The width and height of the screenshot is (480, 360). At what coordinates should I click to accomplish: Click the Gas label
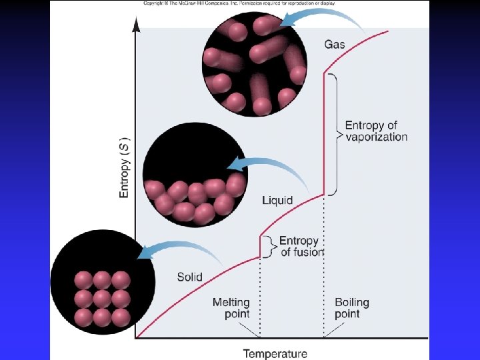(x=335, y=45)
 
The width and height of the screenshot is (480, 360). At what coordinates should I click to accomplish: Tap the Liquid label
(x=277, y=200)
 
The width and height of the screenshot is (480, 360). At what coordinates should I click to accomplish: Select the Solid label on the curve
(x=189, y=277)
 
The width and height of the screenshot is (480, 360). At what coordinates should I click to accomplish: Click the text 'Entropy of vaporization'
(x=376, y=131)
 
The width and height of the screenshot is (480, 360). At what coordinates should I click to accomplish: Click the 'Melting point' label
(x=231, y=308)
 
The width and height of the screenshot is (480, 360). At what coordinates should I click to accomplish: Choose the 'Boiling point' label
(x=351, y=308)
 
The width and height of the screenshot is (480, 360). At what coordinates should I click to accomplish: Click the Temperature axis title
(x=275, y=354)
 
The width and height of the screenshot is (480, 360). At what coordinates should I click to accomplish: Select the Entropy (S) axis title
(x=125, y=167)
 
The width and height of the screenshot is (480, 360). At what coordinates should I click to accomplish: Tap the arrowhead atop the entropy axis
(x=136, y=25)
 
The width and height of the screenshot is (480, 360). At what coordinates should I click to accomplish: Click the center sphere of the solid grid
(x=101, y=298)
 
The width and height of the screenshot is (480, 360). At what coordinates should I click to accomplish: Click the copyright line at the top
(x=239, y=3)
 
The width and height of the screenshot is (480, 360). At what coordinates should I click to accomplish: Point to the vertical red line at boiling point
(x=325, y=133)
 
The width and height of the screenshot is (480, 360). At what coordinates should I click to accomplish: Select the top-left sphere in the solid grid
(x=83, y=279)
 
